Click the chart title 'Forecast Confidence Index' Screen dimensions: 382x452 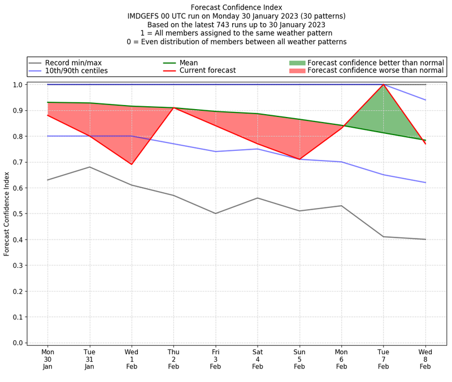coord(237,7)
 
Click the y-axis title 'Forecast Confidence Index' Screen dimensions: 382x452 coord(7,214)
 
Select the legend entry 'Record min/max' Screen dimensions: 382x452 coord(73,62)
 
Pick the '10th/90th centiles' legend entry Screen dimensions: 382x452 coord(76,71)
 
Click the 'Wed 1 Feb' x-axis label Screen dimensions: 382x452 coord(132,359)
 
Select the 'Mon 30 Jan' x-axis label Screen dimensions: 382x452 coord(47,359)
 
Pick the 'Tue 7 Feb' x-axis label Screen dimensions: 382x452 coord(384,359)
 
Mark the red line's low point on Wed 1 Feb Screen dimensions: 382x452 coord(132,164)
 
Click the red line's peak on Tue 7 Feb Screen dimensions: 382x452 coord(384,85)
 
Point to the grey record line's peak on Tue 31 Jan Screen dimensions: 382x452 coord(89,167)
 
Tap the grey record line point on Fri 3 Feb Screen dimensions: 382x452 coord(215,214)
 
